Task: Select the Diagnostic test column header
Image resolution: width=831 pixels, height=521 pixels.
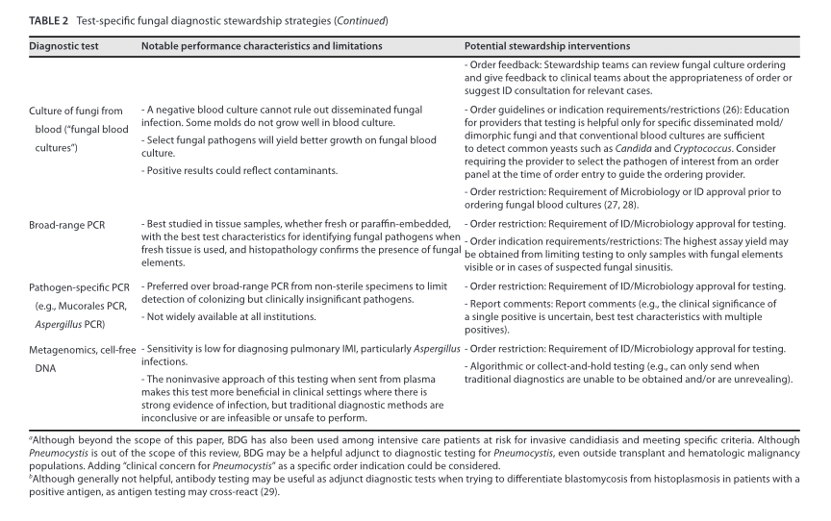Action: click(x=68, y=46)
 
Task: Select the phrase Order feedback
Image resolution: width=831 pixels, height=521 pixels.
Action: click(x=499, y=64)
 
